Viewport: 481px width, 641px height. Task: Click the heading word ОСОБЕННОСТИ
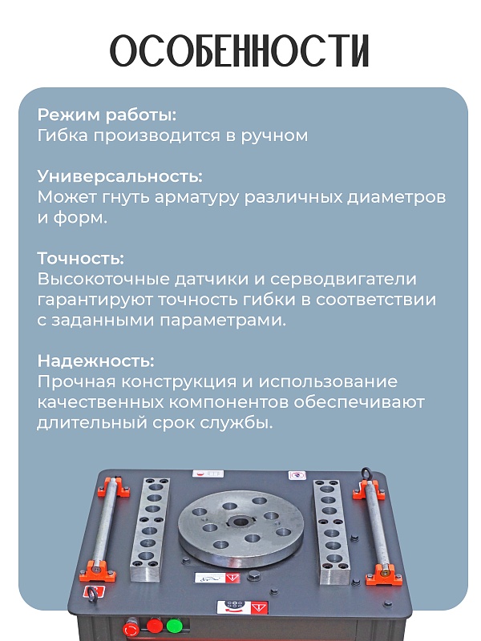(240, 51)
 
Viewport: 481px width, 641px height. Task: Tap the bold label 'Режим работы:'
(107, 114)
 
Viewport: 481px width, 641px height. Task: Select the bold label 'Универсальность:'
(119, 176)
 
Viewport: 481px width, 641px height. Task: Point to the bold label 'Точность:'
(80, 259)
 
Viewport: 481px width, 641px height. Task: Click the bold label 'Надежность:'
(95, 361)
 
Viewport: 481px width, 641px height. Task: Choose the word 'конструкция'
(180, 381)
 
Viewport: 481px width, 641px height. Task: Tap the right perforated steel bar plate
(329, 530)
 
